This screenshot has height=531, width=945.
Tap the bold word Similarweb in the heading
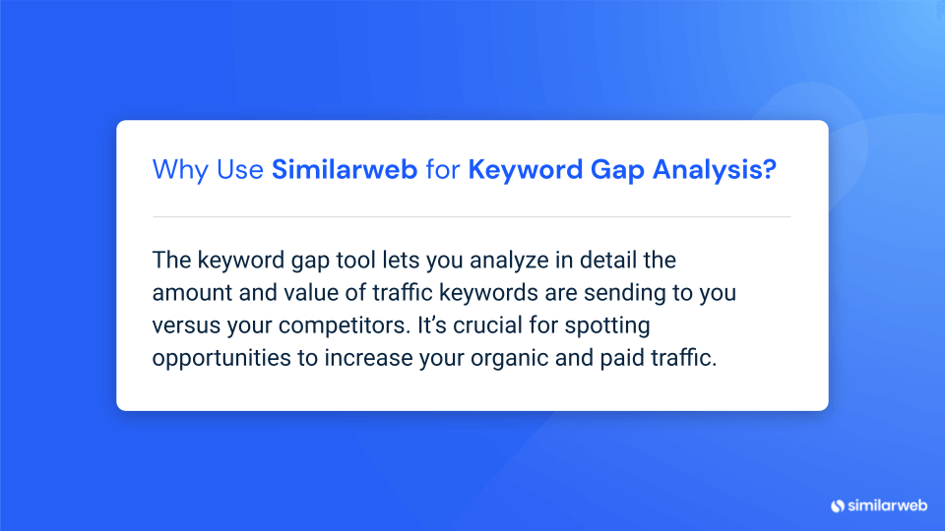point(345,169)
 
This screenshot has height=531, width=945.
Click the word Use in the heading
point(240,170)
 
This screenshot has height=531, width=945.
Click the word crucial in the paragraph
point(487,325)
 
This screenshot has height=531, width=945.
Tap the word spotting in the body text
point(607,326)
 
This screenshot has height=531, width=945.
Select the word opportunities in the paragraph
point(221,359)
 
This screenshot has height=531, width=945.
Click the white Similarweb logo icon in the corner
point(838,505)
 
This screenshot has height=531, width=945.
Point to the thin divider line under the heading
point(472,216)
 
